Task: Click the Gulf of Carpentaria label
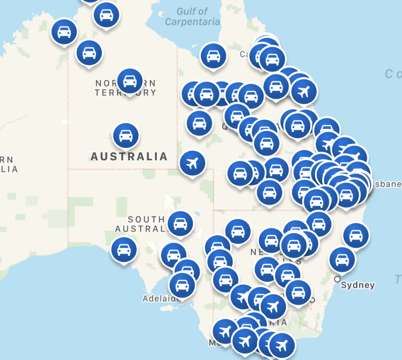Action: tap(192, 17)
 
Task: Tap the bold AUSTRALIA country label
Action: tap(129, 157)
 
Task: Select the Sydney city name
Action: tap(357, 285)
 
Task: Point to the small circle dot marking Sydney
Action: tap(337, 279)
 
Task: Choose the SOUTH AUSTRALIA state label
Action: tap(140, 224)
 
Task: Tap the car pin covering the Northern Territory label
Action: tap(130, 81)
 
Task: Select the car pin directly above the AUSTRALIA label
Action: tap(125, 136)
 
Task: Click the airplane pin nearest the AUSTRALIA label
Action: tap(192, 163)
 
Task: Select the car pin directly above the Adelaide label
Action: tap(182, 285)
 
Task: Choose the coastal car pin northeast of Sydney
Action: tap(356, 235)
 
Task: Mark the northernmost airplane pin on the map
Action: tap(304, 91)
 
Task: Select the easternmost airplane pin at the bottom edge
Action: tap(282, 345)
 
